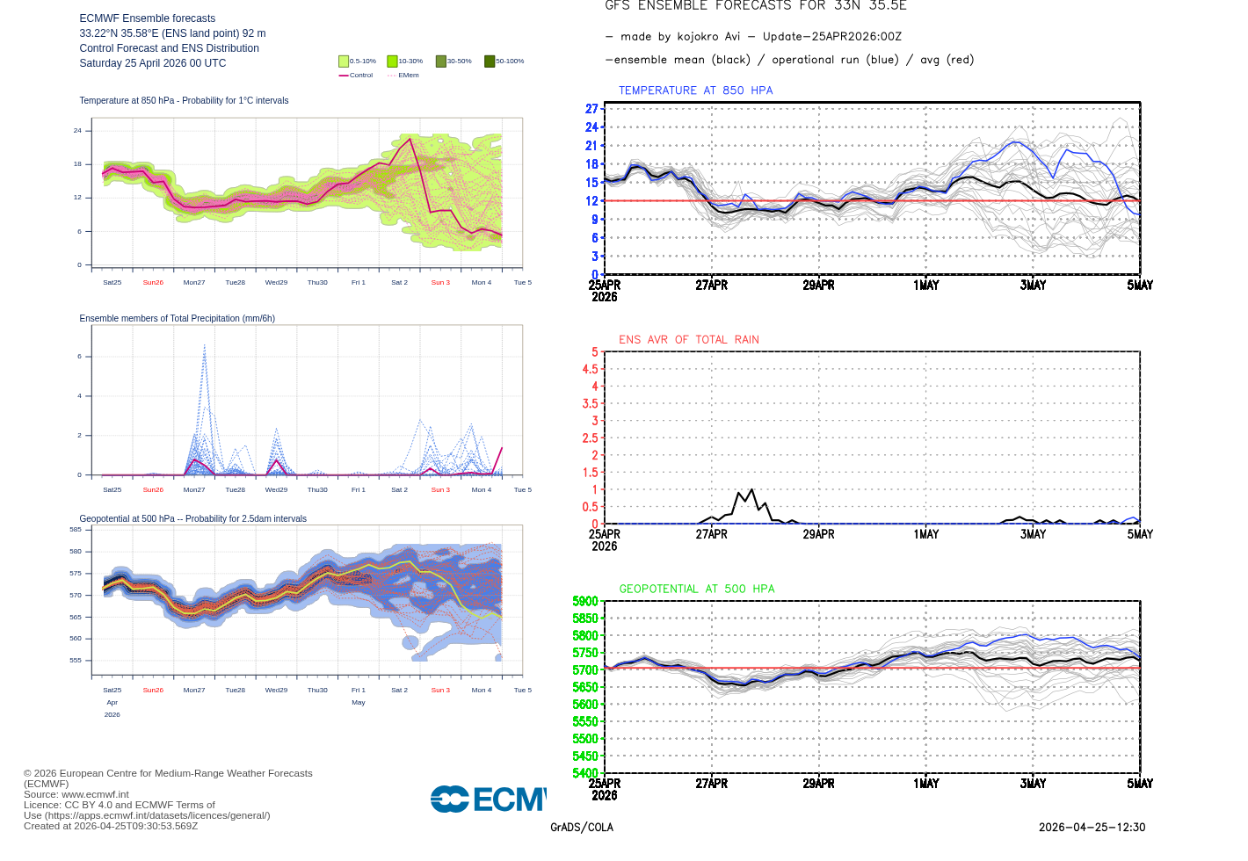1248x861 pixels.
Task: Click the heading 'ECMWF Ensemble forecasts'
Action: [x=147, y=18]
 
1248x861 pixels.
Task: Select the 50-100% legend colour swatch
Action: [x=490, y=61]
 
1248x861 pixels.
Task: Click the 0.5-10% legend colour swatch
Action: [x=344, y=61]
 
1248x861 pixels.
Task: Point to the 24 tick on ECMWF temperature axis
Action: [x=77, y=130]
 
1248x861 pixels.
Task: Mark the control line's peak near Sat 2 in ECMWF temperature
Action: [x=410, y=139]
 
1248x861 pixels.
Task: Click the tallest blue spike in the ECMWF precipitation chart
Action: [x=204, y=345]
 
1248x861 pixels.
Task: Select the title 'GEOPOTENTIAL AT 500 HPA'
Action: [x=697, y=589]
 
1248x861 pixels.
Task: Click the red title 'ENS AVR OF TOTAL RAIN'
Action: [x=688, y=339]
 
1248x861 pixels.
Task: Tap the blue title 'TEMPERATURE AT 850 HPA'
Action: [x=695, y=90]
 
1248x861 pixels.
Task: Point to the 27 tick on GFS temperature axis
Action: [x=591, y=109]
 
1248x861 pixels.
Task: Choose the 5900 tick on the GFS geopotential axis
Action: [x=585, y=602]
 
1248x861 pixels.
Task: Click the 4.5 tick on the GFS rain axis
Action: [x=590, y=369]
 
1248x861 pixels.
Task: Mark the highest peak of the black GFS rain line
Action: [x=751, y=489]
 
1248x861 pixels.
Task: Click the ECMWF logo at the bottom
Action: [x=488, y=799]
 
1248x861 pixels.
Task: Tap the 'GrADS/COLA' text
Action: [x=582, y=828]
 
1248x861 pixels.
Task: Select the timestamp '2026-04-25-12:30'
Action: [x=1092, y=828]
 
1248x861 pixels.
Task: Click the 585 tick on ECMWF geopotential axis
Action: [x=76, y=530]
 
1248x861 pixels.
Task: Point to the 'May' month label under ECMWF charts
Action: [x=359, y=703]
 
